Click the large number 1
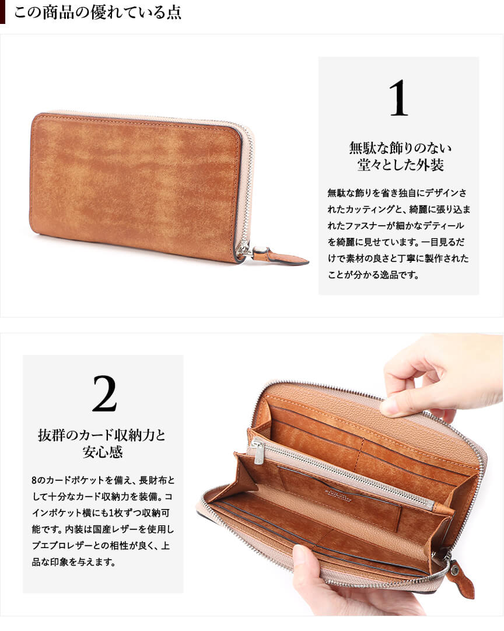tap(398, 98)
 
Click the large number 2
tap(104, 393)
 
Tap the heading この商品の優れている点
tap(98, 12)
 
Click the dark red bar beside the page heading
tap(2, 12)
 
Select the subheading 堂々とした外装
tap(400, 165)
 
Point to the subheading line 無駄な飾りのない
tap(400, 148)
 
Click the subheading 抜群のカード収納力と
tap(101, 435)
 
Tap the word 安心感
tap(103, 452)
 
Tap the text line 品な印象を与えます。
tap(73, 562)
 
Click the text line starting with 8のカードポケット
tap(103, 480)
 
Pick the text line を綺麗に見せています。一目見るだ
tap(396, 242)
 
